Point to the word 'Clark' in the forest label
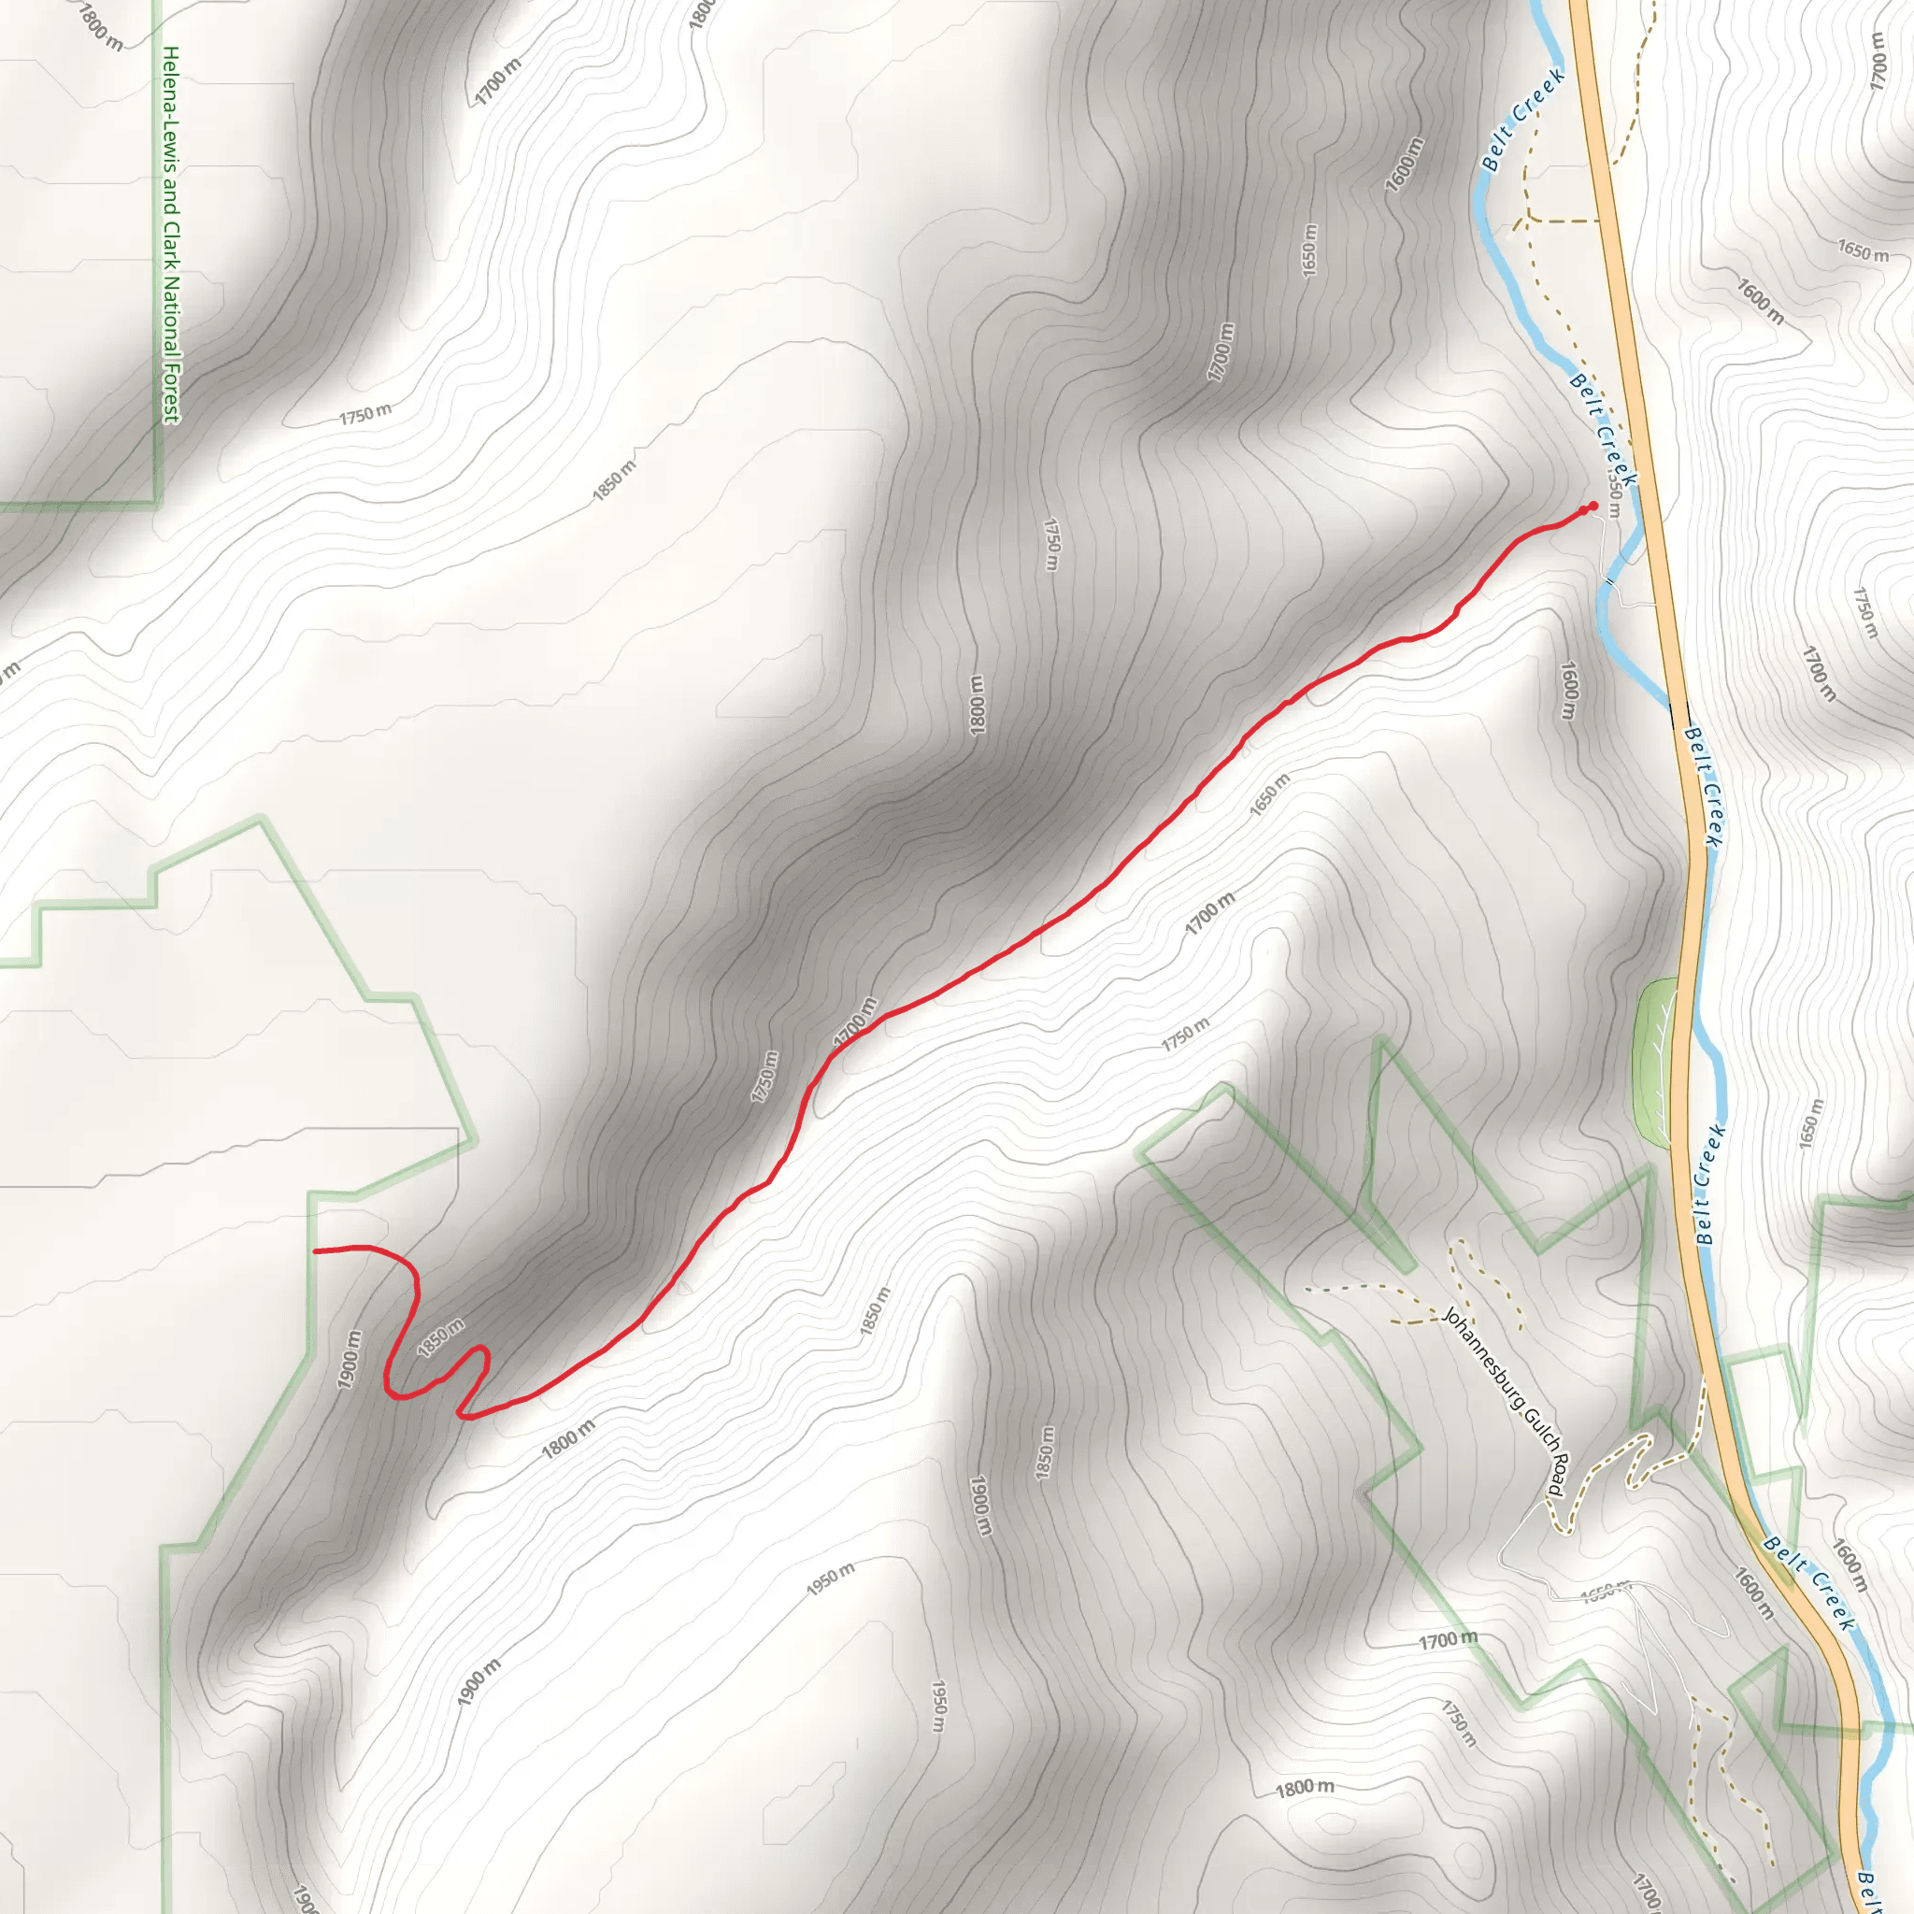pyautogui.click(x=170, y=248)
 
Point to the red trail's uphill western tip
pyautogui.click(x=316, y=1251)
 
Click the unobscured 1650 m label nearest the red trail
pyautogui.click(x=1269, y=794)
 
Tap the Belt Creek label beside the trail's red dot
pyautogui.click(x=1603, y=429)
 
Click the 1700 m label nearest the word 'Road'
pyautogui.click(x=1448, y=1640)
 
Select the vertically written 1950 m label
pyautogui.click(x=939, y=1705)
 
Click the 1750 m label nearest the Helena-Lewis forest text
pyautogui.click(x=365, y=414)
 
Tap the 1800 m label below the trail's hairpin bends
pyautogui.click(x=568, y=1438)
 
